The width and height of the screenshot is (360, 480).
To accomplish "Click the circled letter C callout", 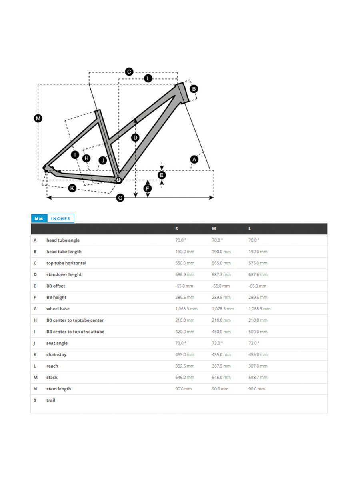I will (x=129, y=72).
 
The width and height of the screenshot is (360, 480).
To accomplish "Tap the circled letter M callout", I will (x=38, y=118).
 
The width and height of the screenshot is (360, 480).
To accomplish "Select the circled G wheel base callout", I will (x=120, y=198).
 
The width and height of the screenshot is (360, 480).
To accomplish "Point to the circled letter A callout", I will (x=194, y=159).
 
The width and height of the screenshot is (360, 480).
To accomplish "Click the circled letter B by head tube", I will (x=194, y=89).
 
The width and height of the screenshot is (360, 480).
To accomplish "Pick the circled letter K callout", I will (x=72, y=188).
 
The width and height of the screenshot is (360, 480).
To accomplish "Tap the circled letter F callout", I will (x=148, y=188).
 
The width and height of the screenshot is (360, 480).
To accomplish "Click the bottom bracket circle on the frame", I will (x=118, y=180).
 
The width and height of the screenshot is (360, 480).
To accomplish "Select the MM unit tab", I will (x=39, y=219).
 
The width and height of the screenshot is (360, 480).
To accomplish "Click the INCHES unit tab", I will (x=60, y=219).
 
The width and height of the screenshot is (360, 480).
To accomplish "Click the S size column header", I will (x=177, y=229).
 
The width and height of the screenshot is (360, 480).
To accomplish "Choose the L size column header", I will (x=250, y=229).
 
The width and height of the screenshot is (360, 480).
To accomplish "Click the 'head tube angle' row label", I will (x=63, y=240).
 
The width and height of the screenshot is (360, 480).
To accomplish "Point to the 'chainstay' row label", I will (x=56, y=355).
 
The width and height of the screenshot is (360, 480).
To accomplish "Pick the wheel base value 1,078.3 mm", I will (x=223, y=309).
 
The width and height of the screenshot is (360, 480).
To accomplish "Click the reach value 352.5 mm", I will (x=184, y=366).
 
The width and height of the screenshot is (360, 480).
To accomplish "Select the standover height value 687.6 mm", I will (x=258, y=275).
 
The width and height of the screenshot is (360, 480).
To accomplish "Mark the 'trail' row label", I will (x=51, y=400).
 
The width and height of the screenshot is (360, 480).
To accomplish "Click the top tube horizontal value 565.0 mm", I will (x=221, y=263).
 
